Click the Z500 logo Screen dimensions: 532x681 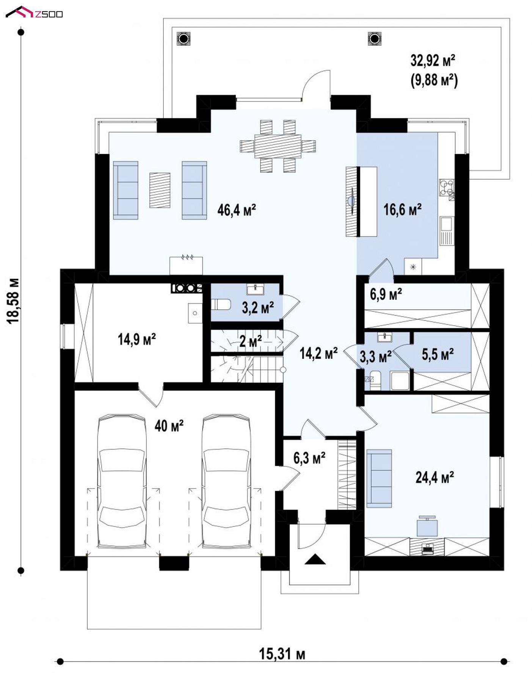(34, 13)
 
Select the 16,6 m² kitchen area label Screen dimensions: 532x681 (402, 209)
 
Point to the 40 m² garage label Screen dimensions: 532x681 (169, 426)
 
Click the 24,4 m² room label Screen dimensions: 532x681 (435, 477)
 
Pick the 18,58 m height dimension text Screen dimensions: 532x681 (13, 301)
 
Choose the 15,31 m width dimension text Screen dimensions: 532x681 (282, 654)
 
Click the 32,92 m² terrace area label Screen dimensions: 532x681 (433, 60)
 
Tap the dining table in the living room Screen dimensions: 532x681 (278, 146)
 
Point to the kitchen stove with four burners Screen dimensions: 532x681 (446, 187)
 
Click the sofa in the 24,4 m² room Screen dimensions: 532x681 (379, 478)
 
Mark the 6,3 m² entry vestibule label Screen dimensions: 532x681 (309, 458)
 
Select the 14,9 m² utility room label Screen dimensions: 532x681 (137, 339)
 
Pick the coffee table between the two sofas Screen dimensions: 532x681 (160, 190)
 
